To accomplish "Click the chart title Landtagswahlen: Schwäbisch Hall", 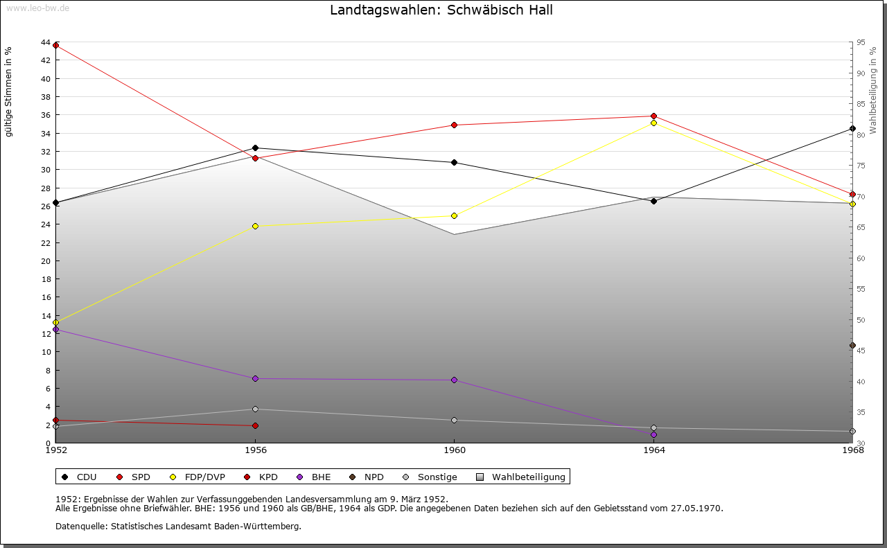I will (x=441, y=10).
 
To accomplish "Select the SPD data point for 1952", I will (x=56, y=46).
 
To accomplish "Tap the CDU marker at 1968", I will (x=852, y=129).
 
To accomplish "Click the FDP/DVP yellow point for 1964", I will (x=653, y=123).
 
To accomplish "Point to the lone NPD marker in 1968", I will (x=852, y=346).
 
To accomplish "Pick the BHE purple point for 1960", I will (x=454, y=380).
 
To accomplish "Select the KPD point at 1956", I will (x=255, y=426).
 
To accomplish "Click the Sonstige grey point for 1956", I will (x=255, y=409).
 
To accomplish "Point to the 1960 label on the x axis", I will (x=454, y=450).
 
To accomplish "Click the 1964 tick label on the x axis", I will (x=653, y=450).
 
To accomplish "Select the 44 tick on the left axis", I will (x=46, y=43).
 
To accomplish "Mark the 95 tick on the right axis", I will (x=860, y=43).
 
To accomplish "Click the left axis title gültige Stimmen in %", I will (x=9, y=92).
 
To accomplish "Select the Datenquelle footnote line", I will (x=178, y=527).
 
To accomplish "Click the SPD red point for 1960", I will (x=454, y=125).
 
